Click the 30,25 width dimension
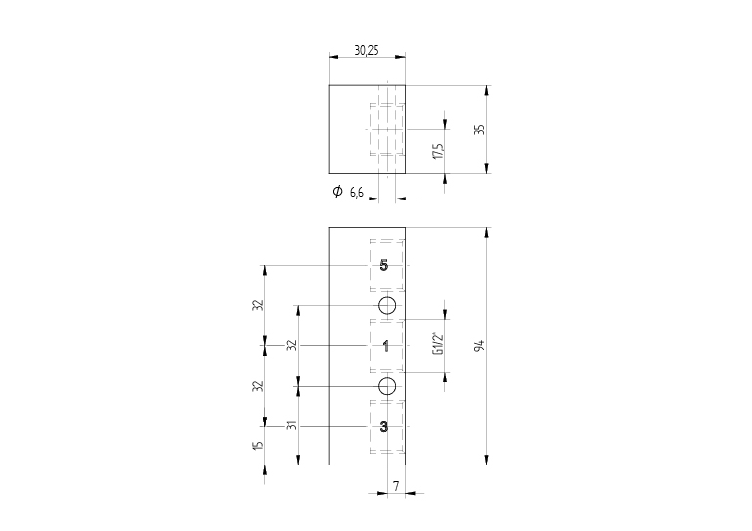pyautogui.click(x=367, y=50)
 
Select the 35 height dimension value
pyautogui.click(x=479, y=129)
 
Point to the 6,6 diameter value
pyautogui.click(x=356, y=192)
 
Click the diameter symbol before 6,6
pyautogui.click(x=337, y=192)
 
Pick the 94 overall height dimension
pyautogui.click(x=479, y=346)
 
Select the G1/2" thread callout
pyautogui.click(x=438, y=344)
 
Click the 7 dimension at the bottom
pyautogui.click(x=395, y=485)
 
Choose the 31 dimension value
pyautogui.click(x=291, y=425)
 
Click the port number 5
pyautogui.click(x=384, y=266)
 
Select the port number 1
pyautogui.click(x=385, y=346)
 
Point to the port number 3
pyautogui.click(x=384, y=426)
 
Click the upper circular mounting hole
pyautogui.click(x=387, y=306)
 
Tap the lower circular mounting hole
pyautogui.click(x=387, y=385)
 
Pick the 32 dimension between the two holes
pyautogui.click(x=291, y=345)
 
